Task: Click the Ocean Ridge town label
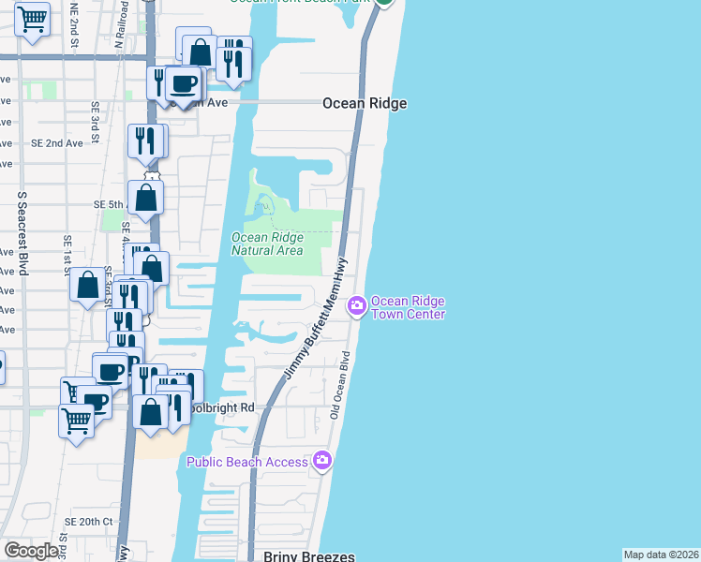(x=365, y=104)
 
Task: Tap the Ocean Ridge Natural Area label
(x=267, y=244)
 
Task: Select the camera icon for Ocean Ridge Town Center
(x=356, y=306)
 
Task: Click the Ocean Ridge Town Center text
(x=407, y=307)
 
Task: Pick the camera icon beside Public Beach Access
(x=322, y=460)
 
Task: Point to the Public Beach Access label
(x=247, y=462)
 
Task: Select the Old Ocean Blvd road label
(x=338, y=385)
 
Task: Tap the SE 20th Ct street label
(x=89, y=522)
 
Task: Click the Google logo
(x=31, y=551)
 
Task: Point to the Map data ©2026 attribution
(x=662, y=555)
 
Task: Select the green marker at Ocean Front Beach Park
(x=384, y=3)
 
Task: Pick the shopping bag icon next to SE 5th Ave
(x=146, y=198)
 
